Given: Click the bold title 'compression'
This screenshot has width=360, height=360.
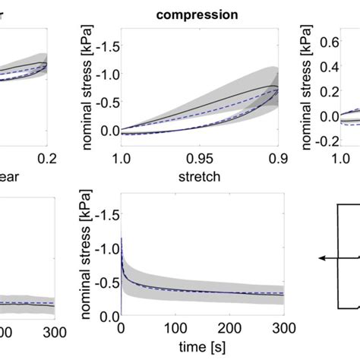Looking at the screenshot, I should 198,13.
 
